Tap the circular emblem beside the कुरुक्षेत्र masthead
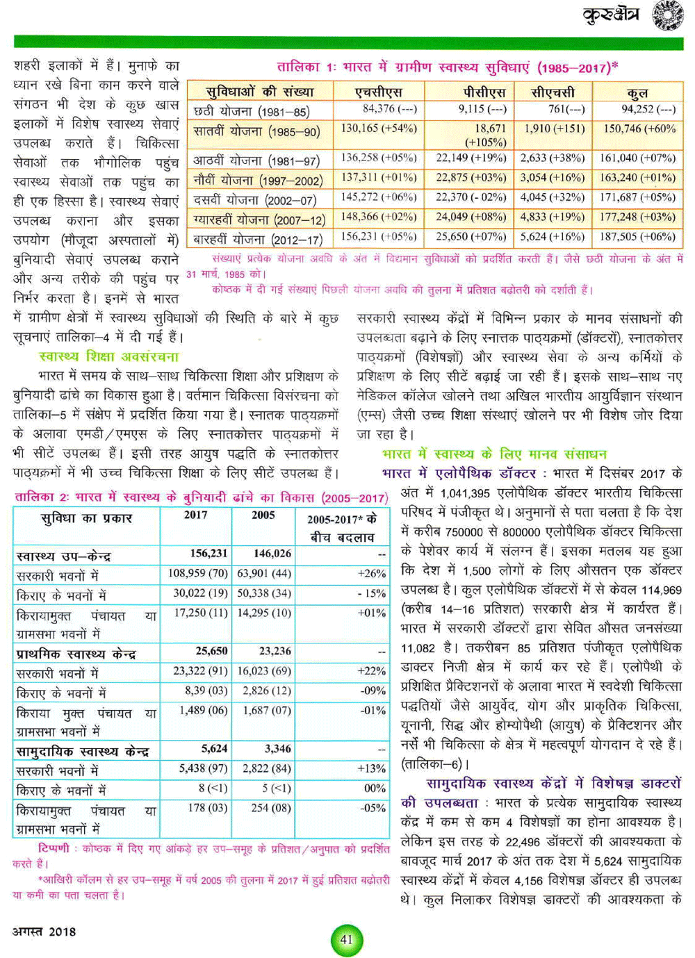click(667, 15)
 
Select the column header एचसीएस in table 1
click(379, 92)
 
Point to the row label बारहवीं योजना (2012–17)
click(258, 240)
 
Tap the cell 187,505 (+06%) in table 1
click(638, 237)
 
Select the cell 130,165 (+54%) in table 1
click(379, 129)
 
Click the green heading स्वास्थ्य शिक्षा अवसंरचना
click(109, 356)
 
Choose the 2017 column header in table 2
click(195, 515)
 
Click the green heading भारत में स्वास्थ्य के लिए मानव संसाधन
click(494, 454)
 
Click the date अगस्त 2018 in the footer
click(44, 932)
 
